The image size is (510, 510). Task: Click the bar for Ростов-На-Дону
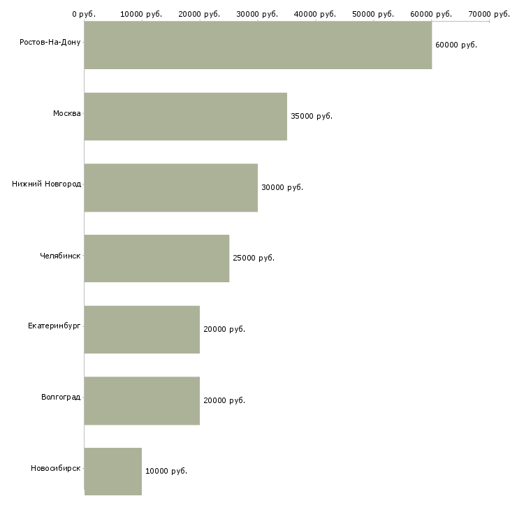pos(258,45)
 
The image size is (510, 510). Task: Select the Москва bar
pos(186,117)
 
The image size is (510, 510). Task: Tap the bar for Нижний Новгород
pos(171,188)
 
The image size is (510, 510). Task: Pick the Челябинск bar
pos(156,258)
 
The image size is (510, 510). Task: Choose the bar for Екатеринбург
pos(142,330)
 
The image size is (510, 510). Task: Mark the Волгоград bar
pos(142,401)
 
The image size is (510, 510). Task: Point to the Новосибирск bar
pos(113,472)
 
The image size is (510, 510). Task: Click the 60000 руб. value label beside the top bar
pos(456,45)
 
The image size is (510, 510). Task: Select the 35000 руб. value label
pos(312,116)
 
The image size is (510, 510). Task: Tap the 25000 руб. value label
pos(254,258)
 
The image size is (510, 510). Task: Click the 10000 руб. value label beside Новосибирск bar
pos(166,471)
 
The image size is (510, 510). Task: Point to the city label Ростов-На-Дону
pos(50,43)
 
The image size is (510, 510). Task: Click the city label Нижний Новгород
pos(47,184)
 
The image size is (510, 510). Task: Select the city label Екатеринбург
pos(54,326)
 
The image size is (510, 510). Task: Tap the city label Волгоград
pos(61,397)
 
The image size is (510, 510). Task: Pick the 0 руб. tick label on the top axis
pos(84,14)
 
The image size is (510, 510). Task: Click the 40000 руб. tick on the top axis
pos(315,14)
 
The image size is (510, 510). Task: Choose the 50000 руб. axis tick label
pos(373,14)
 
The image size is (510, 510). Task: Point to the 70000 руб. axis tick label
pos(489,14)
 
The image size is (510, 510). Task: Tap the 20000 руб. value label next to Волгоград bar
pos(224,400)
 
